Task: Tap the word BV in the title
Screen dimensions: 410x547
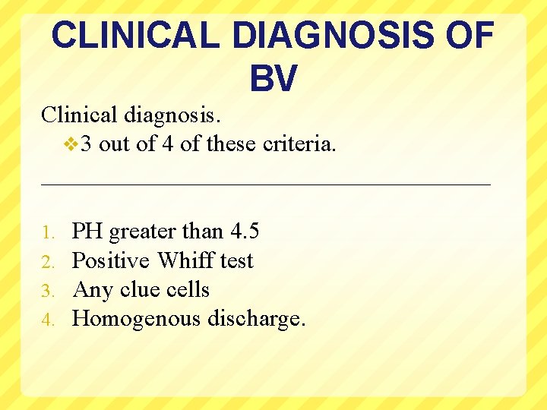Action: click(273, 78)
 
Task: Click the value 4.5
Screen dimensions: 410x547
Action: click(244, 231)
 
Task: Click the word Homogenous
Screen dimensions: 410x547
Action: click(137, 319)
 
